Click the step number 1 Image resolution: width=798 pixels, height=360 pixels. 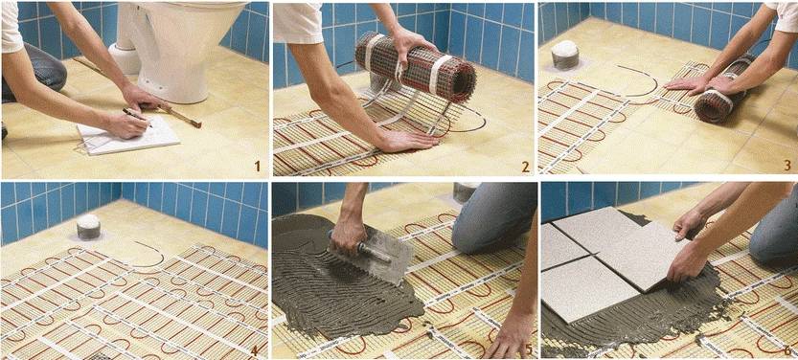coord(257,166)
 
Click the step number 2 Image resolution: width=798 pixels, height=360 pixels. coord(525,167)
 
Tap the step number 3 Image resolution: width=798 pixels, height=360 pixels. coord(787,166)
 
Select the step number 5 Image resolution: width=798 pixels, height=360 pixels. coord(528,349)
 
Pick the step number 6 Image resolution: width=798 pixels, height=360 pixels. coord(787,350)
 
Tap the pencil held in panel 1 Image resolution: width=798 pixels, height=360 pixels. coord(136,117)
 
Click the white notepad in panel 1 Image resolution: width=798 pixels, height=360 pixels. coord(129,133)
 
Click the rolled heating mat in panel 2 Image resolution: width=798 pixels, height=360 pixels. coord(416,67)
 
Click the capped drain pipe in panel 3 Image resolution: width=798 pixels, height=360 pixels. coord(565,55)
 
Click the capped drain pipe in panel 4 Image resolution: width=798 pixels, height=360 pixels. coord(88,227)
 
